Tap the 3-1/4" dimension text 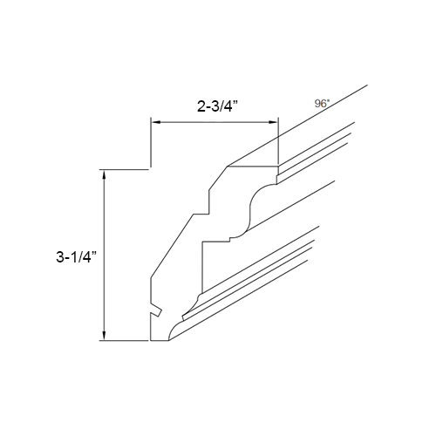pos(74,257)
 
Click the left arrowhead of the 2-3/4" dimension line pos(156,123)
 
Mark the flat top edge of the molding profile pos(253,167)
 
